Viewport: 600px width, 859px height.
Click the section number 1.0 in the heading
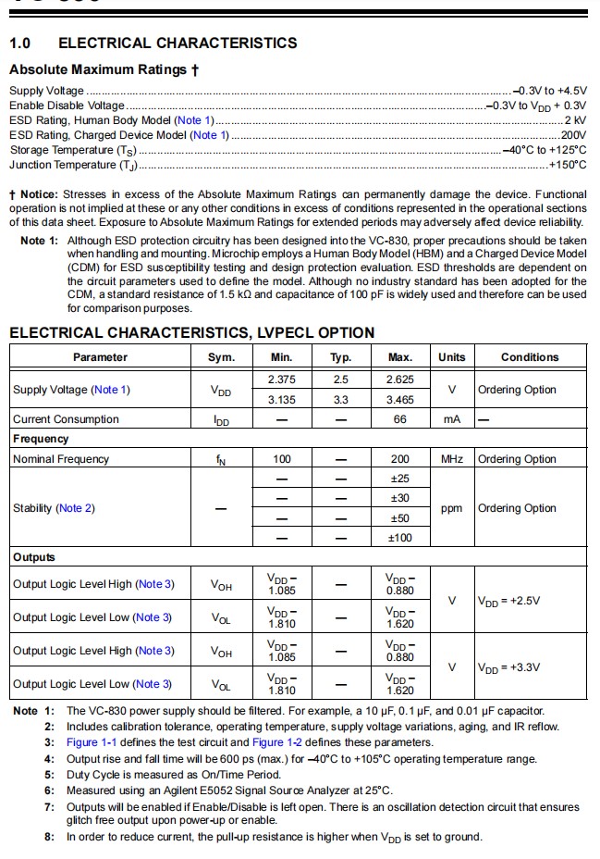coord(20,43)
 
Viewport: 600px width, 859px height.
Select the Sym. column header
coord(221,357)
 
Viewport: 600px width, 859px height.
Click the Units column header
coord(451,357)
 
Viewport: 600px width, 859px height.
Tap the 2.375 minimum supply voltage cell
coord(282,380)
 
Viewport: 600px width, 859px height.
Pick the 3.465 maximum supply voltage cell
coord(400,400)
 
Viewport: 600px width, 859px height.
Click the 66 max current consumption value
coord(400,419)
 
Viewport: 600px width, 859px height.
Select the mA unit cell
coord(451,419)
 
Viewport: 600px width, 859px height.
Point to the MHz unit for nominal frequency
coord(451,459)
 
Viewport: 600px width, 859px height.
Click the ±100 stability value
coord(400,538)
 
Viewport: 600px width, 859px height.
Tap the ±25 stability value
coord(400,479)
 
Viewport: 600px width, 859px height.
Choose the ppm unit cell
coord(451,508)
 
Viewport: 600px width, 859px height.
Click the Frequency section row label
coord(41,439)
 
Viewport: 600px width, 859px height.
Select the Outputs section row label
coord(34,557)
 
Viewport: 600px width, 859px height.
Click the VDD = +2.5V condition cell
coord(508,601)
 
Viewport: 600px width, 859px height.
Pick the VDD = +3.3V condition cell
coord(508,667)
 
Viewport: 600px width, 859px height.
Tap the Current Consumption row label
coord(66,419)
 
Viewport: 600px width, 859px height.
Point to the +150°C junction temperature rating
coord(568,165)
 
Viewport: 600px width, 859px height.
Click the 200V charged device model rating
coord(573,135)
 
